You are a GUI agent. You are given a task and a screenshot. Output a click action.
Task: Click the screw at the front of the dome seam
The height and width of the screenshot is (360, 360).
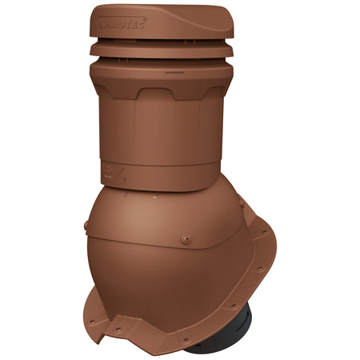click(x=186, y=238)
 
